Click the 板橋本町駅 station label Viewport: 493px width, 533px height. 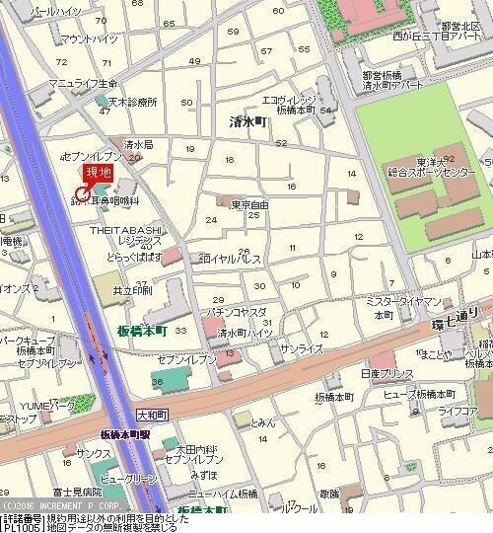(125, 434)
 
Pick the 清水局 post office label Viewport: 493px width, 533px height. (136, 143)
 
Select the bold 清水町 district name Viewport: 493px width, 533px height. (246, 122)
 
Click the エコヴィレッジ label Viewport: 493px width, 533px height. (288, 101)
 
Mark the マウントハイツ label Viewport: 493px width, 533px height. (88, 38)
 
